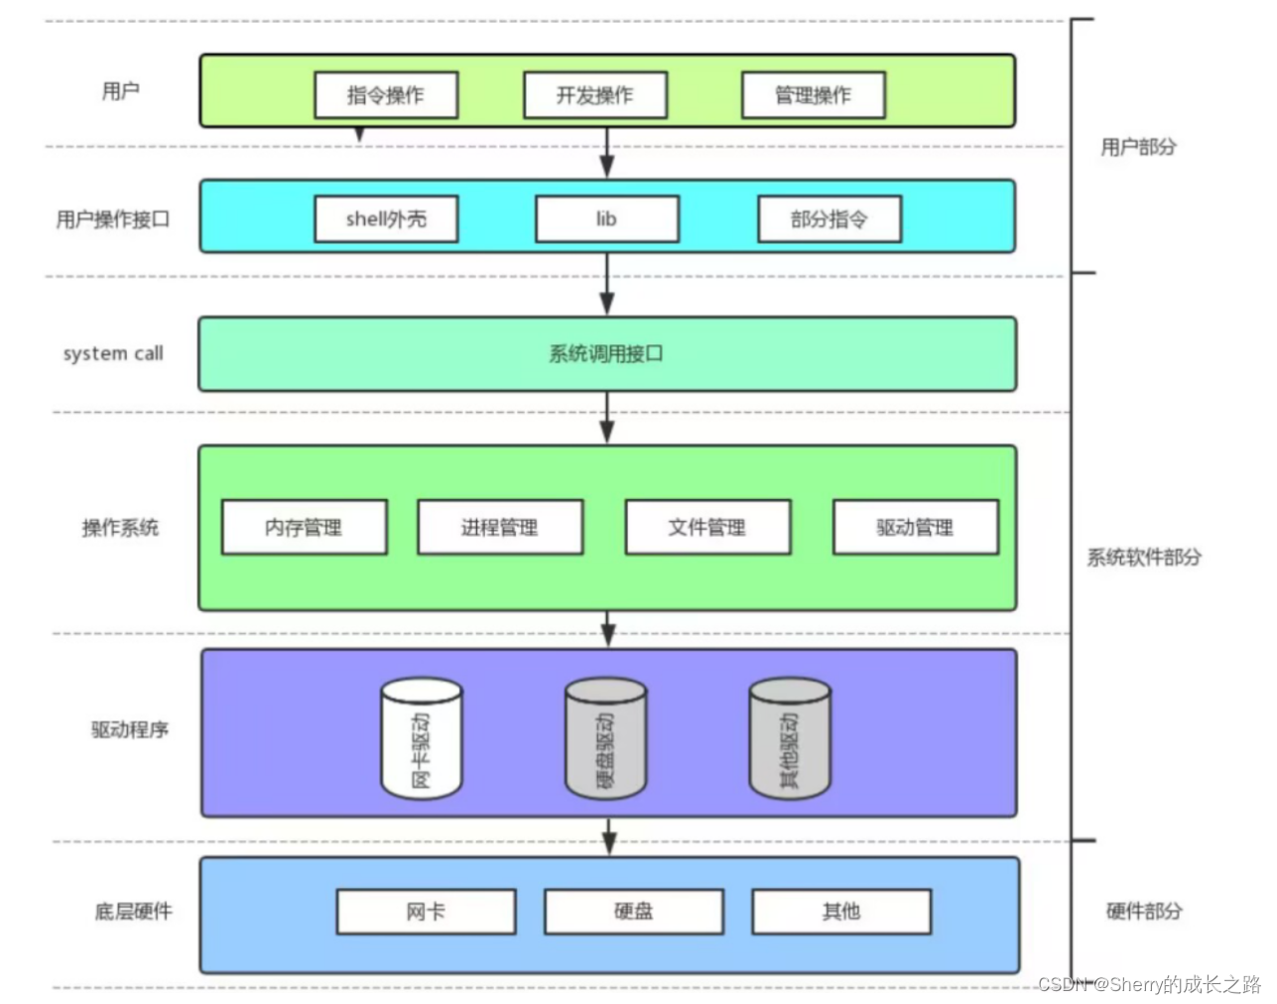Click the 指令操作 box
tap(386, 95)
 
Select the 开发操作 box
tap(595, 95)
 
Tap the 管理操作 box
tap(814, 95)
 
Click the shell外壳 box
tap(386, 219)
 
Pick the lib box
tap(607, 219)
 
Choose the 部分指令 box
tap(830, 219)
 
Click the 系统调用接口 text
tap(606, 353)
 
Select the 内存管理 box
tap(305, 527)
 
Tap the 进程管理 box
tap(500, 527)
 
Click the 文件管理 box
tap(707, 527)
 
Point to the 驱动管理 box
tap(916, 527)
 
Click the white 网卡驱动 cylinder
tap(422, 739)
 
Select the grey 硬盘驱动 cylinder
tap(605, 739)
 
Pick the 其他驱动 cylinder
tap(789, 739)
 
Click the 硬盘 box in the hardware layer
tap(634, 912)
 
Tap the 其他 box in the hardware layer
tap(841, 912)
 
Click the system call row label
tap(113, 353)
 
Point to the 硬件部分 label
tap(1144, 911)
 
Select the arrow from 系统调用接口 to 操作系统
tap(606, 418)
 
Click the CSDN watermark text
tap(1149, 984)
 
